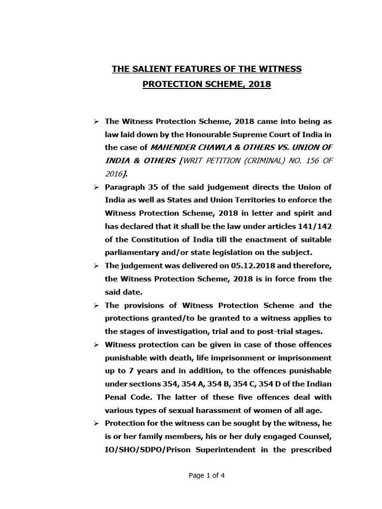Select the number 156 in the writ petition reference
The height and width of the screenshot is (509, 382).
point(301,161)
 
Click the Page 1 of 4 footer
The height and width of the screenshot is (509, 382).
point(207,475)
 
